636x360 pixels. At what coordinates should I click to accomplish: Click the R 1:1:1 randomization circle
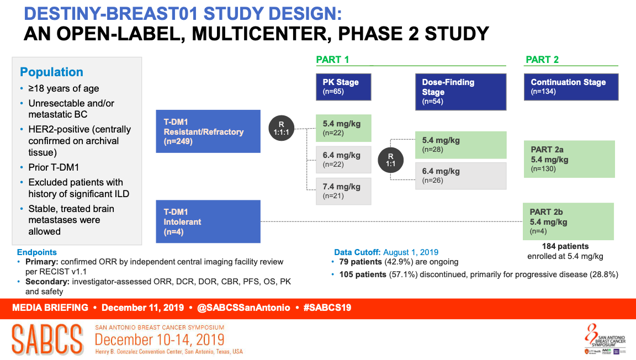click(281, 128)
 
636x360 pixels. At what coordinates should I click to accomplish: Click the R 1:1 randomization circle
click(391, 160)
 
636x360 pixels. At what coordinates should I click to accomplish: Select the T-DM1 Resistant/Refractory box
click(208, 131)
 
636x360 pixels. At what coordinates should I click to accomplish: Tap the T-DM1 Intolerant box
click(208, 221)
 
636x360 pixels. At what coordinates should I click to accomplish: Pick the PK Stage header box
click(343, 87)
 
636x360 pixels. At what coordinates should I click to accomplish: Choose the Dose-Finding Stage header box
click(461, 92)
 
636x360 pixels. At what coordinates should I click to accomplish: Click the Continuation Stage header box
click(571, 87)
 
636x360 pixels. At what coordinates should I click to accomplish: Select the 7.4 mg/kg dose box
click(343, 191)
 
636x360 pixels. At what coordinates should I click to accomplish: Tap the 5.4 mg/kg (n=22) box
click(343, 128)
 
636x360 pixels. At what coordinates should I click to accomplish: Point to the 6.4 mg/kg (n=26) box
click(461, 176)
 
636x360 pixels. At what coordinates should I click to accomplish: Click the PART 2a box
click(570, 159)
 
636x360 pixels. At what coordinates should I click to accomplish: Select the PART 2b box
click(568, 221)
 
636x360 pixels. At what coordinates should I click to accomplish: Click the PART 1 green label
click(332, 60)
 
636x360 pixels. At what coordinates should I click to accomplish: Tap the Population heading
click(51, 72)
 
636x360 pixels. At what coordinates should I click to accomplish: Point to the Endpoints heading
click(37, 252)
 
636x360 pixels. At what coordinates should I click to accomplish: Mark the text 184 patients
click(565, 246)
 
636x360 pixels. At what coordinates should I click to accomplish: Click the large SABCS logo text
click(47, 340)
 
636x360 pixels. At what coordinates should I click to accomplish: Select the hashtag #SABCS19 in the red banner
click(327, 308)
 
